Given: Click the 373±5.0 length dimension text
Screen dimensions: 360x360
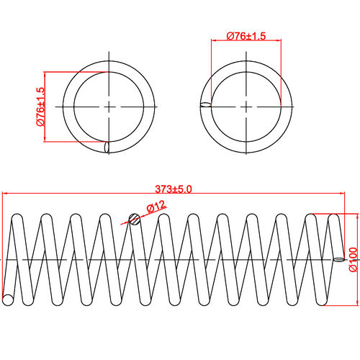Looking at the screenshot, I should pos(174,189).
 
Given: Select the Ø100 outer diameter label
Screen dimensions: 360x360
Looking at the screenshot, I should pos(353,259).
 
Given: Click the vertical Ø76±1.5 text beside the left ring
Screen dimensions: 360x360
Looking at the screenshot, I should pos(40,107).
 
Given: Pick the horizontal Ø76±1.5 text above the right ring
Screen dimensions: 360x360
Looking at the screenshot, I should pos(245,36).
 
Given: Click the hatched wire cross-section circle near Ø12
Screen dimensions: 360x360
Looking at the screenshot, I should pos(132,219).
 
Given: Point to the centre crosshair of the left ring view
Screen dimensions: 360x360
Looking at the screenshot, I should pos(109,107).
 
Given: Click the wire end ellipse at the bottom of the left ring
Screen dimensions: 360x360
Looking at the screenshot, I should pos(108,148).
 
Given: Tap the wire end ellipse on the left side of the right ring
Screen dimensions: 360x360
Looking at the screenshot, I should pos(205,106).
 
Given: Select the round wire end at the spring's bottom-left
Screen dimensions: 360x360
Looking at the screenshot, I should pos(8,298).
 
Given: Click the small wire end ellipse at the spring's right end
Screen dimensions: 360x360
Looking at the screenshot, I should pos(338,259).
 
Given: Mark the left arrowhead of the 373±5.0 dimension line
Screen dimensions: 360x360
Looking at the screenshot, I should pos(4,194).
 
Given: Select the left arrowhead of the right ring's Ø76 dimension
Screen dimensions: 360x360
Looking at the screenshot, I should pos(213,42).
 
